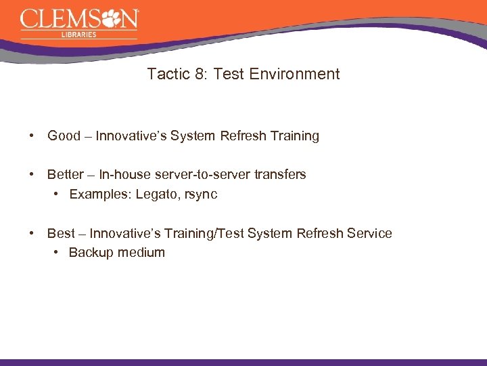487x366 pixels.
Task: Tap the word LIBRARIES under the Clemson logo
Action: click(78, 35)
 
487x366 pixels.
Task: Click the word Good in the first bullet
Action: click(64, 136)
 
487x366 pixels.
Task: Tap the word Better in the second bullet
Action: click(66, 174)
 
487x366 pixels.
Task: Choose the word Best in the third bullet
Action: click(61, 233)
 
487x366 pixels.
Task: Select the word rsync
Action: click(201, 195)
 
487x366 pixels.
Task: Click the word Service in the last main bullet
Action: click(369, 233)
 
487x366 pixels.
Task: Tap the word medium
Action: click(141, 252)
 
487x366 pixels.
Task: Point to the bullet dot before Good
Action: click(32, 136)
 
